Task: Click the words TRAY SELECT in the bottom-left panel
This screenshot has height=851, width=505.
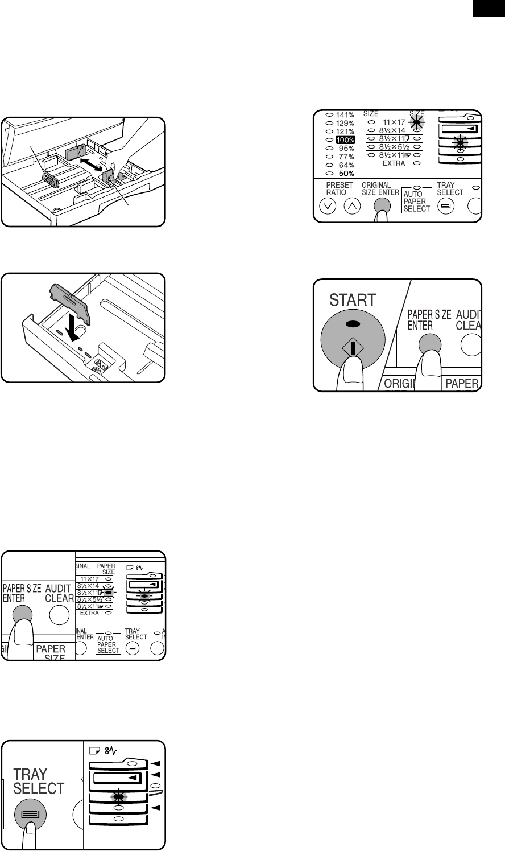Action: point(39,782)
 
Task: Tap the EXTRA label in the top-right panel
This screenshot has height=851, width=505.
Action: point(394,163)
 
